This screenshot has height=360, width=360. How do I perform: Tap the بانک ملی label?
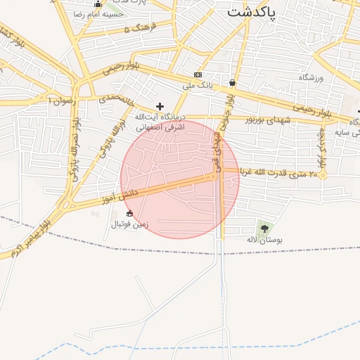[198, 85]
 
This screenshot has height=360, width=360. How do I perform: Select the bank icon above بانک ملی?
[198, 75]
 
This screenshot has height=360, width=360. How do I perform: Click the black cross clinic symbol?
[160, 105]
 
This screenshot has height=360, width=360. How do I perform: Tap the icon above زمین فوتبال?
[129, 214]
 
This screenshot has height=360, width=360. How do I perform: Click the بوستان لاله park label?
[265, 240]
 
